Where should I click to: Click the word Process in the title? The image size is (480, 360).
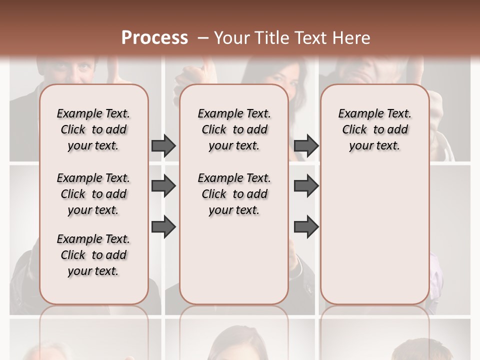[x=154, y=38]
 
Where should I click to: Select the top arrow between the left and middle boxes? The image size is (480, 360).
[x=163, y=145]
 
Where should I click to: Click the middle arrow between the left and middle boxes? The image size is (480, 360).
[x=163, y=186]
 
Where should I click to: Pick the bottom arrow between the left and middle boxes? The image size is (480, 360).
[x=163, y=226]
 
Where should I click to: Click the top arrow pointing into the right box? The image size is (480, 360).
[x=306, y=145]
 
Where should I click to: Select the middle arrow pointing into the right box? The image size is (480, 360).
[x=306, y=186]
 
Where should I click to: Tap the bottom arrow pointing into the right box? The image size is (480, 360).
[x=306, y=226]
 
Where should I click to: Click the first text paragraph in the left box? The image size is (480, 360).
[x=93, y=129]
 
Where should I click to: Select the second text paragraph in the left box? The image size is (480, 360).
[x=93, y=194]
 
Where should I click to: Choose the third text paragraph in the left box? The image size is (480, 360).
[x=93, y=255]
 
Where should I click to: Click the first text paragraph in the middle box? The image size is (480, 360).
[x=234, y=129]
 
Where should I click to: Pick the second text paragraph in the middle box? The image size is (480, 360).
[x=234, y=194]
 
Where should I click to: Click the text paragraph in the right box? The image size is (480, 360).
[x=374, y=129]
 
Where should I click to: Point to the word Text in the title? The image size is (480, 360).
[x=309, y=38]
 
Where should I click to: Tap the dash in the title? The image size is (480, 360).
[x=202, y=38]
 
